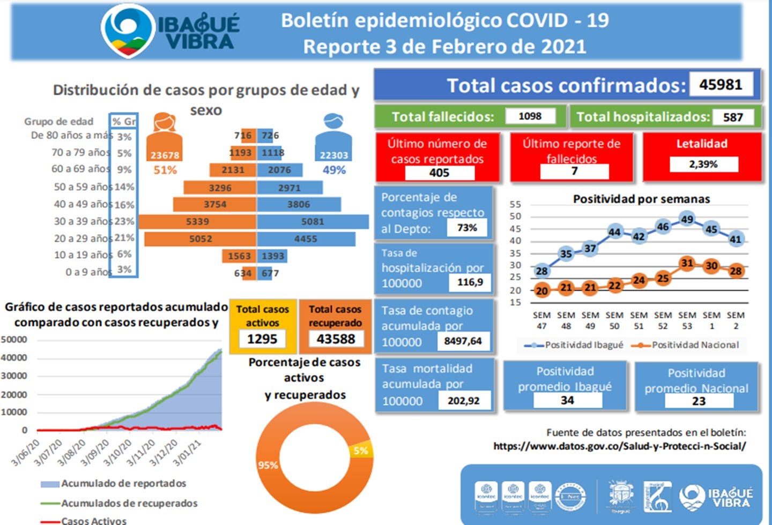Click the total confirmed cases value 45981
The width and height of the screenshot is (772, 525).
pyautogui.click(x=721, y=85)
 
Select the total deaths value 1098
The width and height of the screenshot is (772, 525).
pyautogui.click(x=530, y=116)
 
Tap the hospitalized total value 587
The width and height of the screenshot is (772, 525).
pyautogui.click(x=733, y=117)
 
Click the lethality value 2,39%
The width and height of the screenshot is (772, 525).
pyautogui.click(x=703, y=164)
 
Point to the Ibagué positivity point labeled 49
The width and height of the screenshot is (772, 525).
pyautogui.click(x=687, y=219)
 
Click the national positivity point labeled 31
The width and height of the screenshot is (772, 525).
pyautogui.click(x=687, y=263)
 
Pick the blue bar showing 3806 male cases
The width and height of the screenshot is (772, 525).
pyautogui.click(x=299, y=204)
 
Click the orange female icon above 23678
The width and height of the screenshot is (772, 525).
pyautogui.click(x=165, y=123)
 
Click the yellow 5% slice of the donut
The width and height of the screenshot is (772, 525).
pyautogui.click(x=360, y=451)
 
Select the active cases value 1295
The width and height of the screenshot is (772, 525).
pyautogui.click(x=262, y=339)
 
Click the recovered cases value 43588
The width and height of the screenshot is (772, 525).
pyautogui.click(x=336, y=339)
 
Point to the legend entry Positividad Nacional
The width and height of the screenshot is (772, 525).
pyautogui.click(x=695, y=345)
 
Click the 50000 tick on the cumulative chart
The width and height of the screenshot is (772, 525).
pyautogui.click(x=14, y=340)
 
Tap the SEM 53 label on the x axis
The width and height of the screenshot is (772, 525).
pyautogui.click(x=687, y=320)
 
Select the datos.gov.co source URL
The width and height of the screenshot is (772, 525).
pyautogui.click(x=619, y=446)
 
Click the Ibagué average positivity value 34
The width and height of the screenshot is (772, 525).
pyautogui.click(x=567, y=400)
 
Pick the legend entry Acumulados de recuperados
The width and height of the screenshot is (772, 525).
pyautogui.click(x=129, y=503)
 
